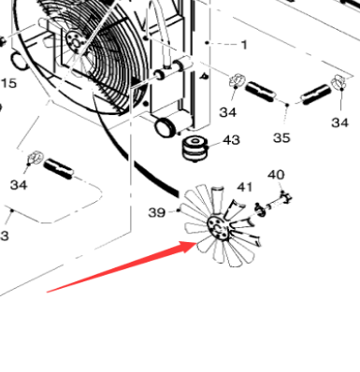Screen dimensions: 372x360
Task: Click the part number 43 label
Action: pos(230,140)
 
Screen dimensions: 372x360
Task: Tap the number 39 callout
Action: pos(157,212)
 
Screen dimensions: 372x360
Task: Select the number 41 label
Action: pos(245,188)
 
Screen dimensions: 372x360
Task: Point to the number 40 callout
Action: pos(276,175)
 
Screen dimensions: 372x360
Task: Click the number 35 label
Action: pos(281,137)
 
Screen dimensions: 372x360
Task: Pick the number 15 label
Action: pos(8,84)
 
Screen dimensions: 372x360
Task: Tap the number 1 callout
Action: pos(244,44)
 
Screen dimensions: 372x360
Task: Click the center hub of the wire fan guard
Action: pos(76,38)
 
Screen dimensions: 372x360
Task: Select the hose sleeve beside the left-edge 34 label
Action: pos(61,169)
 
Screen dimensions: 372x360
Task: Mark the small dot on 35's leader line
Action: pos(286,108)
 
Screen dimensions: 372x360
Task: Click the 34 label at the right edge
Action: pos(339,122)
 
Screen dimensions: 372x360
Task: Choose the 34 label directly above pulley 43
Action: pos(227,112)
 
